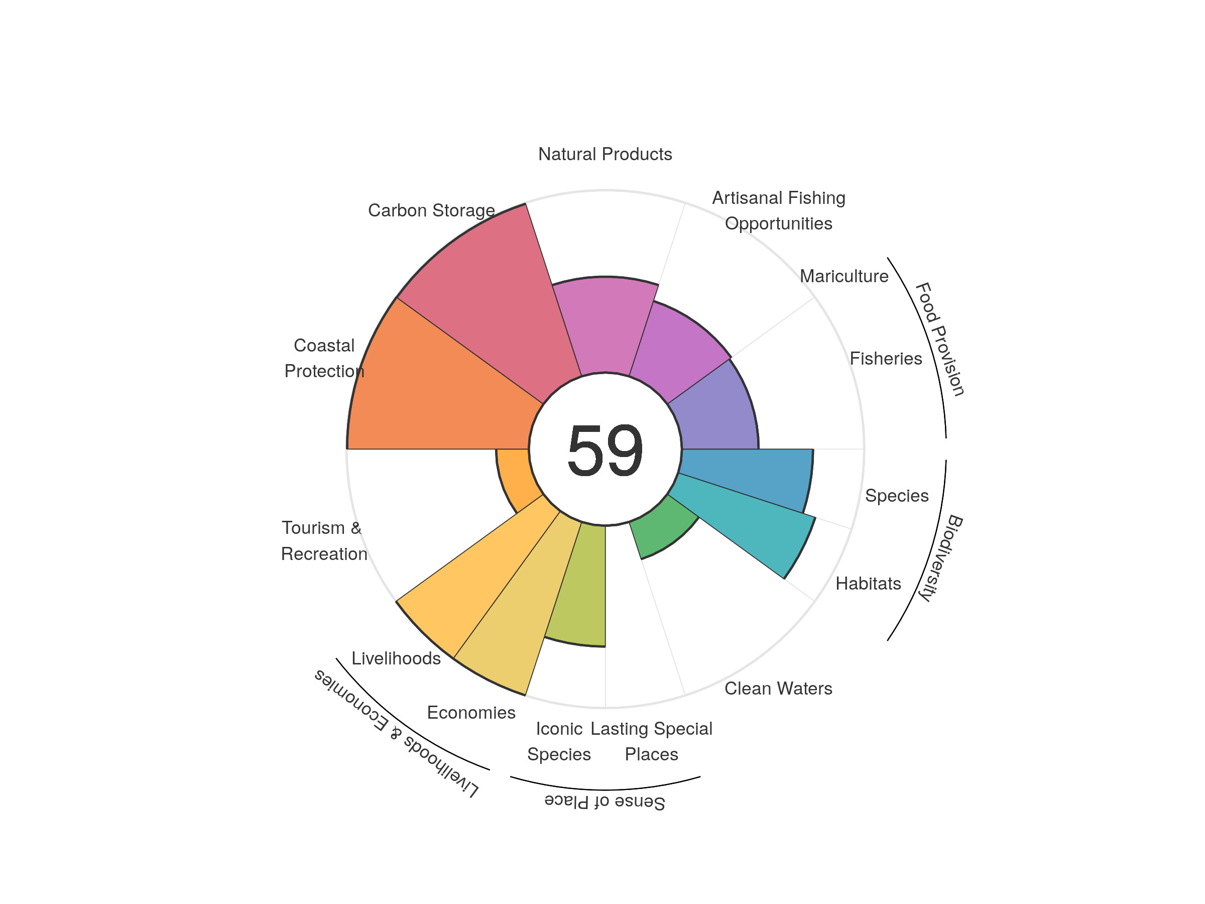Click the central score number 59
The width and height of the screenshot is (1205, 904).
(x=605, y=450)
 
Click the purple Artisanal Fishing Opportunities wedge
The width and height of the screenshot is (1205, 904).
(x=675, y=349)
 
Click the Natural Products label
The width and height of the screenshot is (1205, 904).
(x=605, y=154)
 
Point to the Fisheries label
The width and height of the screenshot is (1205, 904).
(x=886, y=359)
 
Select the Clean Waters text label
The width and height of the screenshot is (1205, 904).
(x=778, y=688)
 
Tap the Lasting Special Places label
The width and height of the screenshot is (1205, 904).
(x=651, y=741)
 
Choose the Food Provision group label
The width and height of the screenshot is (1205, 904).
(x=940, y=339)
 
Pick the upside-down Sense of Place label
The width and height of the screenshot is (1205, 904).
(x=605, y=802)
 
